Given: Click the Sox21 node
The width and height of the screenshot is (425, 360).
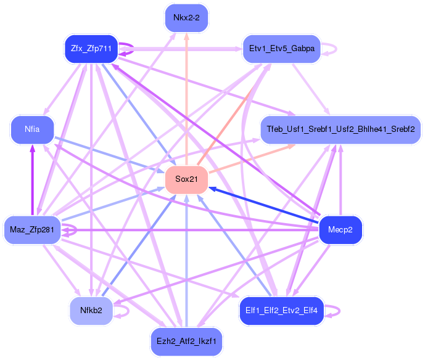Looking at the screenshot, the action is [x=186, y=179].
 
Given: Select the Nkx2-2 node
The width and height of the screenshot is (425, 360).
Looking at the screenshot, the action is [x=186, y=18].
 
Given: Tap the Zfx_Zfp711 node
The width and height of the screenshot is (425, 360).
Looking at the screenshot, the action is [x=91, y=49].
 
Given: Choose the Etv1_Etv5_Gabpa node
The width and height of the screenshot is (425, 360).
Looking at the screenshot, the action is [x=282, y=49].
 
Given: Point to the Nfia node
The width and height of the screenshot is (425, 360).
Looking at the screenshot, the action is [x=32, y=129].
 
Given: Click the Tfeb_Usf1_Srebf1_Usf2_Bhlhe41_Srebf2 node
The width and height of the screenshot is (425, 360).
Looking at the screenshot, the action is [x=340, y=129].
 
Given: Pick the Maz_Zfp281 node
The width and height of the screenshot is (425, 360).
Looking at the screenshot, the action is [x=32, y=230].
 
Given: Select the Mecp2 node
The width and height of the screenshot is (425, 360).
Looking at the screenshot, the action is [x=340, y=230].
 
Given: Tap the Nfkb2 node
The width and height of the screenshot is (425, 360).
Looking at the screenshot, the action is [x=91, y=311].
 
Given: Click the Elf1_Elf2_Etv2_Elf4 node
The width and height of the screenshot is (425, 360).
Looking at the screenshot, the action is [x=282, y=311].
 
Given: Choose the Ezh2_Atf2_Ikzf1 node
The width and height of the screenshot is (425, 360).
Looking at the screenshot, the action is [x=186, y=342].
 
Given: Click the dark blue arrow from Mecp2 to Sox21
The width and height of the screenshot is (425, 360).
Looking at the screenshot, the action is [x=264, y=206].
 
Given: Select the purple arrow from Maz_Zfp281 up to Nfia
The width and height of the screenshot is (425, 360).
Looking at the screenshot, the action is [x=33, y=180].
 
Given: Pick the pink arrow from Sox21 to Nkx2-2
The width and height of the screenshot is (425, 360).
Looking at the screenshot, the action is [x=186, y=99].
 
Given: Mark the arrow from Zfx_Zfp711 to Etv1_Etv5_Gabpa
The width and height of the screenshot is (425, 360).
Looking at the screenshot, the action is [x=180, y=49].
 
